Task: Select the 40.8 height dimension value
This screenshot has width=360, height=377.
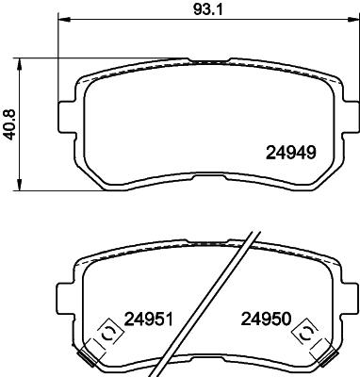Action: (8, 123)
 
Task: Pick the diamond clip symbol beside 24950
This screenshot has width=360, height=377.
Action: (303, 331)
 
